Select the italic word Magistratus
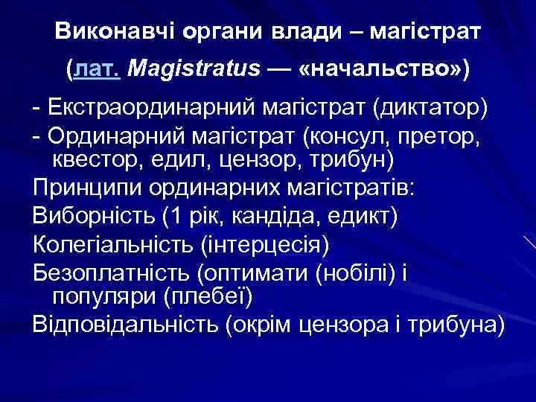[194, 70]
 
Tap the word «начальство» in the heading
[377, 70]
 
